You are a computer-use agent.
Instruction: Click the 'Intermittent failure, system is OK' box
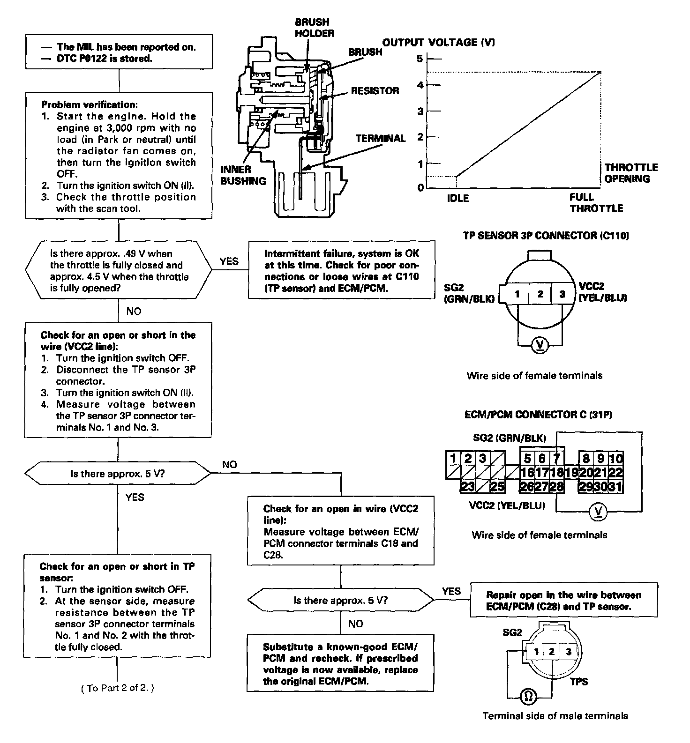341,271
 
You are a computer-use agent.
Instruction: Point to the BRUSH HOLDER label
315,28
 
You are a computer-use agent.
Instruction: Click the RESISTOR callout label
375,91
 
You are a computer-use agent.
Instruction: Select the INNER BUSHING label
243,175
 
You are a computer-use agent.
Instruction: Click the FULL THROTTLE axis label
596,203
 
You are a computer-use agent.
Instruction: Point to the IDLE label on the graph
457,198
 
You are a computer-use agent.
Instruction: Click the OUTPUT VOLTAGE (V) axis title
439,43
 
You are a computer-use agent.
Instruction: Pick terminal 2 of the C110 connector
540,294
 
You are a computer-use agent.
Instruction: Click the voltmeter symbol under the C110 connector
541,346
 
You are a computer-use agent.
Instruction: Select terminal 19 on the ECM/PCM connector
571,472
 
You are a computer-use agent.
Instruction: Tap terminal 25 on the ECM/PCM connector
497,487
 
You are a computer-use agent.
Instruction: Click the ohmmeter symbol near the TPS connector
528,697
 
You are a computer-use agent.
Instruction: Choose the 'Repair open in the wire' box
563,601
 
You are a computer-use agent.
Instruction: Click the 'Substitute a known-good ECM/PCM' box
340,663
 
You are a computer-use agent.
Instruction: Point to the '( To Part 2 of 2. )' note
118,688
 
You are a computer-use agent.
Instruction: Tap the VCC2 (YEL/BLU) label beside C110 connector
603,292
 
